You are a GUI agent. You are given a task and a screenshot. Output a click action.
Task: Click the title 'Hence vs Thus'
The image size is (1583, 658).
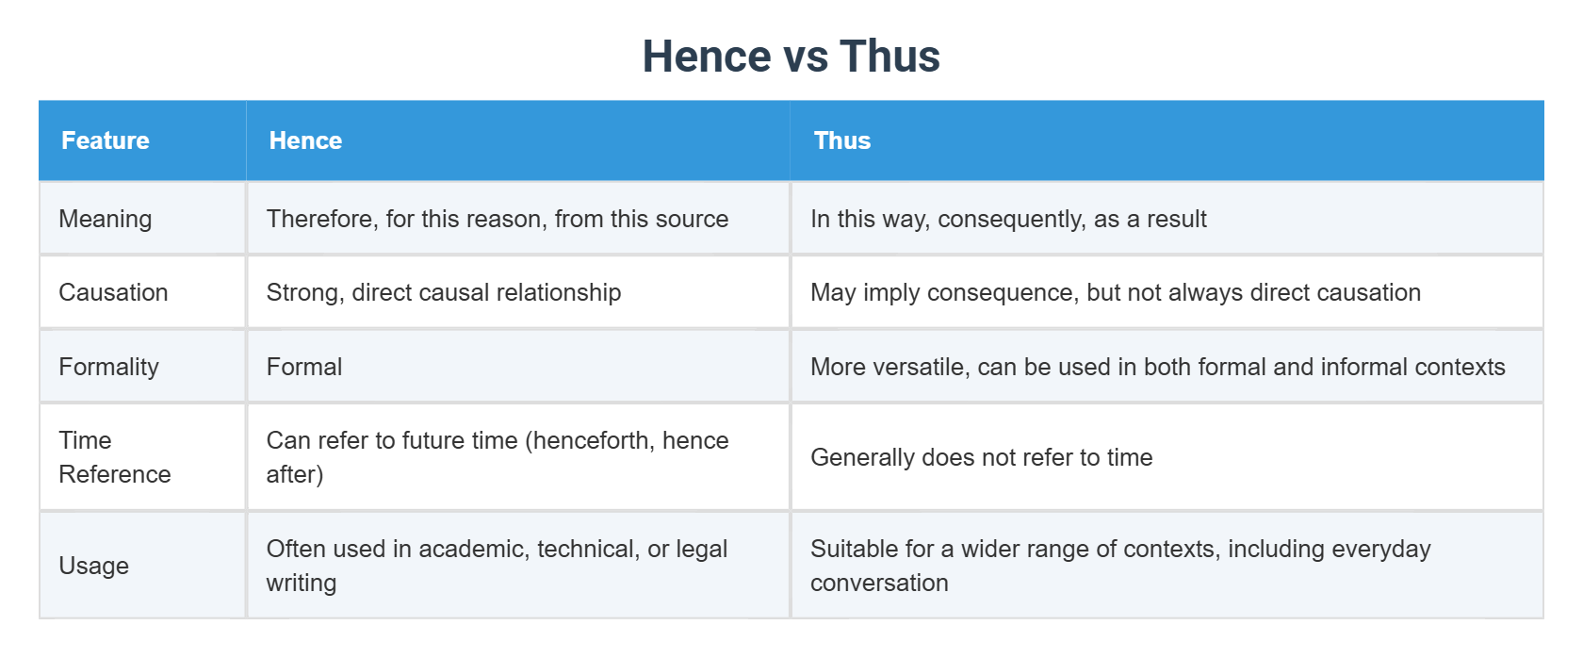[791, 57]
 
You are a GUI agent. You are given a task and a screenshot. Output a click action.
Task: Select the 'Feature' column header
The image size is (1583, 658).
[106, 140]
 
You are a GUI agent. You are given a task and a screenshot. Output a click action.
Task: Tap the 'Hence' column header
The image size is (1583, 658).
[305, 140]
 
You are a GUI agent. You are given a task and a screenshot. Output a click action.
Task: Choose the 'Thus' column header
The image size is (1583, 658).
[841, 140]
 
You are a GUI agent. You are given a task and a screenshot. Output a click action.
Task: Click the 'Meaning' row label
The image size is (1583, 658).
[105, 219]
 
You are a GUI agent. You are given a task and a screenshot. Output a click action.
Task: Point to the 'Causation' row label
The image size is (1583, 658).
[113, 292]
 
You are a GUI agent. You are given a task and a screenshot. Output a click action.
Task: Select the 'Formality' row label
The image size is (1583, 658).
[108, 367]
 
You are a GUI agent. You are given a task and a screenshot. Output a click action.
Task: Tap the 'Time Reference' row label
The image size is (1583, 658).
[114, 457]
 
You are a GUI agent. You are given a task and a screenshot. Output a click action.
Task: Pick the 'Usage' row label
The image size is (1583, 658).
[93, 566]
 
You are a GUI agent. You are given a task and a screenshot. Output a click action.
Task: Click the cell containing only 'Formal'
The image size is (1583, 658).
[303, 367]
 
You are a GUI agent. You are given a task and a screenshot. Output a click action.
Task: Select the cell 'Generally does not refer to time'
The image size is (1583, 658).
[981, 457]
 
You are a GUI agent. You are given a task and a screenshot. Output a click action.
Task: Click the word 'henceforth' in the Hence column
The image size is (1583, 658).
[591, 440]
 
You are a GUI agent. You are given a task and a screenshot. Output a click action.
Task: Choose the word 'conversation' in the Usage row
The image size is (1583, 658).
[879, 583]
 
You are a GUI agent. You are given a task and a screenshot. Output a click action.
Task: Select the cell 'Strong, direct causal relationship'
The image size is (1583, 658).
[443, 292]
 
